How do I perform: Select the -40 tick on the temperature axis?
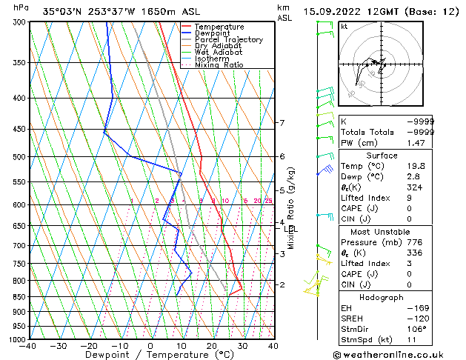click(28, 346)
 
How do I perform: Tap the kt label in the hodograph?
click(344, 26)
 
